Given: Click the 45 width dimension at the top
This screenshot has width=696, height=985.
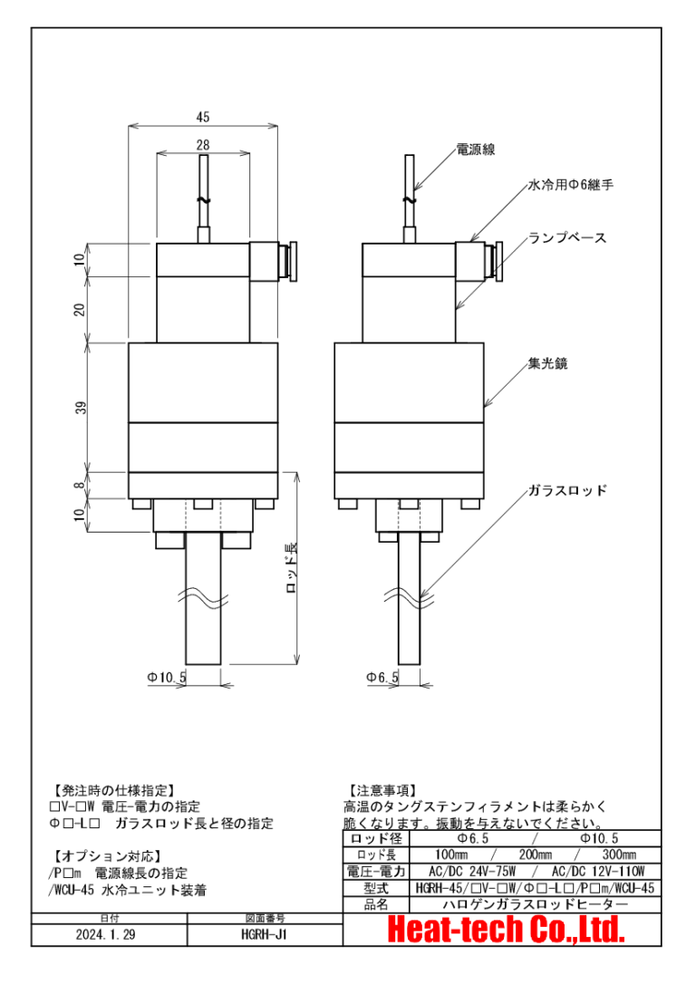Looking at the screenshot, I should (202, 117).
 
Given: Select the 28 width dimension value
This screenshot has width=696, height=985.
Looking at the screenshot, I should (202, 145).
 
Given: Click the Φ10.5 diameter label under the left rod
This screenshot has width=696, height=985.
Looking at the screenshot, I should (166, 677).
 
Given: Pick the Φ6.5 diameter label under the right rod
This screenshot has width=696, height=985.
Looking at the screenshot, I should (382, 677).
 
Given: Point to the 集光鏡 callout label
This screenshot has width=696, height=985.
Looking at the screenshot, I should (547, 363).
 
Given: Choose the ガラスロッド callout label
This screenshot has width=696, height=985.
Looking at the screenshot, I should (567, 490).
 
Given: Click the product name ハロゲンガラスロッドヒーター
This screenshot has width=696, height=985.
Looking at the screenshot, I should (535, 903).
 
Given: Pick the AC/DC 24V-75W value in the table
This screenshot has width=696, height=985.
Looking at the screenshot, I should (470, 871).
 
